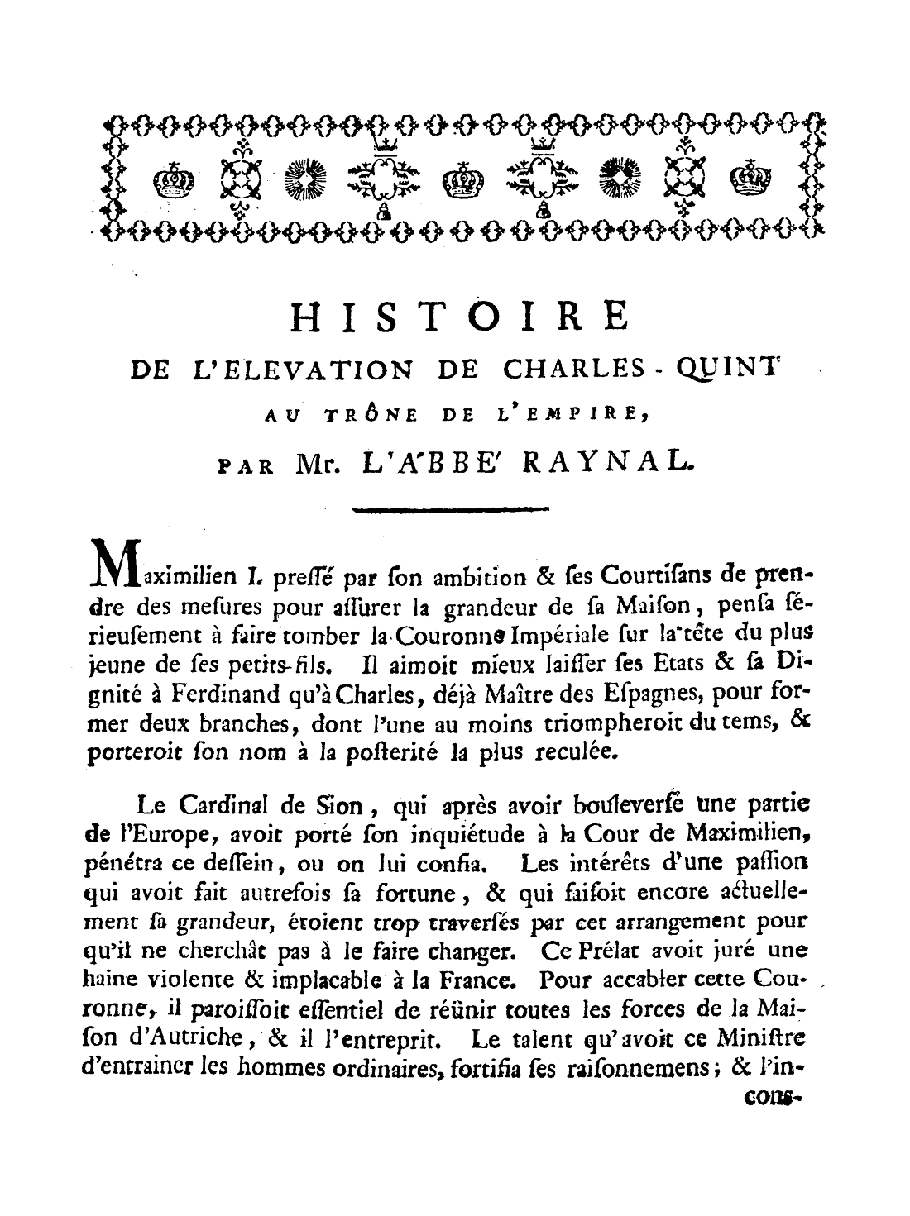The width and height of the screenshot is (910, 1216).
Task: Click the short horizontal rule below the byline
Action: [x=450, y=510]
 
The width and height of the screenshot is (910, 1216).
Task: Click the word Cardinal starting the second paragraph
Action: [x=219, y=802]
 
